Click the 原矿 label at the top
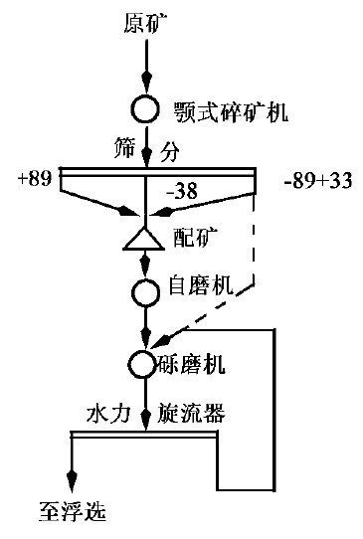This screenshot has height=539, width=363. tap(145, 23)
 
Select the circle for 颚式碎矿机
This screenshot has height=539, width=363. tap(145, 109)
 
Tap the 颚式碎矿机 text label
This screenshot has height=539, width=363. tap(231, 112)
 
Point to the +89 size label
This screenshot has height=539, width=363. tap(35, 179)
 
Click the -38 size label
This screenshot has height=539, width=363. tap(182, 190)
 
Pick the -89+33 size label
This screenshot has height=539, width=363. tap(318, 180)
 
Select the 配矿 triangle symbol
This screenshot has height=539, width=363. tap(143, 239)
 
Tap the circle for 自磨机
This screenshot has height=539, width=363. tap(145, 292)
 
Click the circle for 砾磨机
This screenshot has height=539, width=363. tap(144, 364)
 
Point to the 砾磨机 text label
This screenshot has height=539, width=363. tap(192, 365)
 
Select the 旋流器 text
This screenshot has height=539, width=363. tap(191, 413)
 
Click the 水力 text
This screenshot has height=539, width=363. tap(108, 413)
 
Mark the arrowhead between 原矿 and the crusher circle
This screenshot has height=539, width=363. tap(147, 81)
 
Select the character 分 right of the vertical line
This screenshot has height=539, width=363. tap(170, 151)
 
